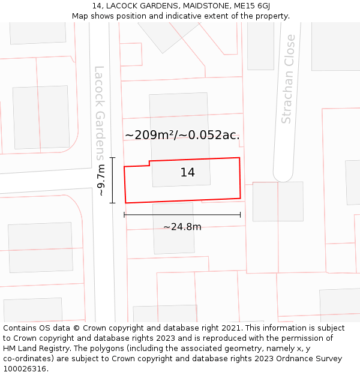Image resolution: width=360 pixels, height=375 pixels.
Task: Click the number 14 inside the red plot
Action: [187, 173]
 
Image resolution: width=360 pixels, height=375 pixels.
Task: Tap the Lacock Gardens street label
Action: [100, 113]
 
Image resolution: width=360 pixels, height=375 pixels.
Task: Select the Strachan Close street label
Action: [289, 79]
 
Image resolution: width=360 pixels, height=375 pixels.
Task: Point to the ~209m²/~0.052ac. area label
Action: [182, 135]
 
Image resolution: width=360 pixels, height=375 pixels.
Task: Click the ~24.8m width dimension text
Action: [182, 227]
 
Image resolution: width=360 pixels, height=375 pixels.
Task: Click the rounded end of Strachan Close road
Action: [283, 176]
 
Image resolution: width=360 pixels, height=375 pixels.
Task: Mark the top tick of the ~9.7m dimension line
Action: [112, 157]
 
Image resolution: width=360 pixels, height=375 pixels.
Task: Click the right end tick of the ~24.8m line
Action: [240, 214]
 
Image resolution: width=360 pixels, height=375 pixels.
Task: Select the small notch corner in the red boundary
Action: [149, 162]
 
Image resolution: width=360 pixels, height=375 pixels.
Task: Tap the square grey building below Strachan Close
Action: [278, 201]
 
